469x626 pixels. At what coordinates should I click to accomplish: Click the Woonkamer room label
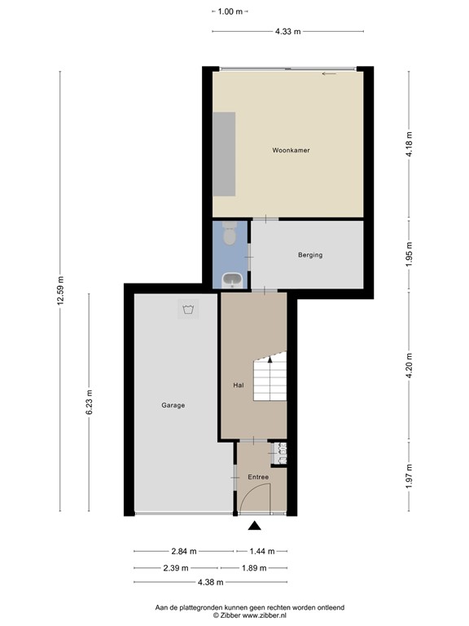tap(291, 151)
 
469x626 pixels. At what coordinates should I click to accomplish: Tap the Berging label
tap(310, 254)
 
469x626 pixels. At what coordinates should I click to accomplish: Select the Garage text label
tap(173, 405)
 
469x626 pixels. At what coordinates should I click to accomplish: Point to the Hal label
tap(239, 386)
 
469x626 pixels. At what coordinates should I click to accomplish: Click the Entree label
tap(258, 477)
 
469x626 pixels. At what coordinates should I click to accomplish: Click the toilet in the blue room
tap(230, 234)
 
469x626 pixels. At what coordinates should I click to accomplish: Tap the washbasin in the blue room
tap(233, 280)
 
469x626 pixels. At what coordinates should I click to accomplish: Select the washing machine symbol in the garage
tap(188, 309)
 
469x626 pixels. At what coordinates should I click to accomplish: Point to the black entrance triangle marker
tap(254, 526)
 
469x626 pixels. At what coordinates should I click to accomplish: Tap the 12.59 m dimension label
tap(60, 291)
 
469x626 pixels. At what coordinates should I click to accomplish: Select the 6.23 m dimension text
tap(89, 402)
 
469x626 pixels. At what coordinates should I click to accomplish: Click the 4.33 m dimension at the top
tap(288, 32)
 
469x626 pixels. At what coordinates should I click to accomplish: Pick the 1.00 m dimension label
tap(230, 11)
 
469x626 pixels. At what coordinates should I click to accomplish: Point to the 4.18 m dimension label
tap(409, 144)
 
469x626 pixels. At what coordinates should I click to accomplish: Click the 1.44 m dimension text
tap(262, 551)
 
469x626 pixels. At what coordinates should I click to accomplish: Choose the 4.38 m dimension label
tap(211, 583)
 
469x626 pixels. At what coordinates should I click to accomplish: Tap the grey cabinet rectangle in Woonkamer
tap(224, 154)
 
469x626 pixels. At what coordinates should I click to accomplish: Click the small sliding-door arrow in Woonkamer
tap(329, 74)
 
